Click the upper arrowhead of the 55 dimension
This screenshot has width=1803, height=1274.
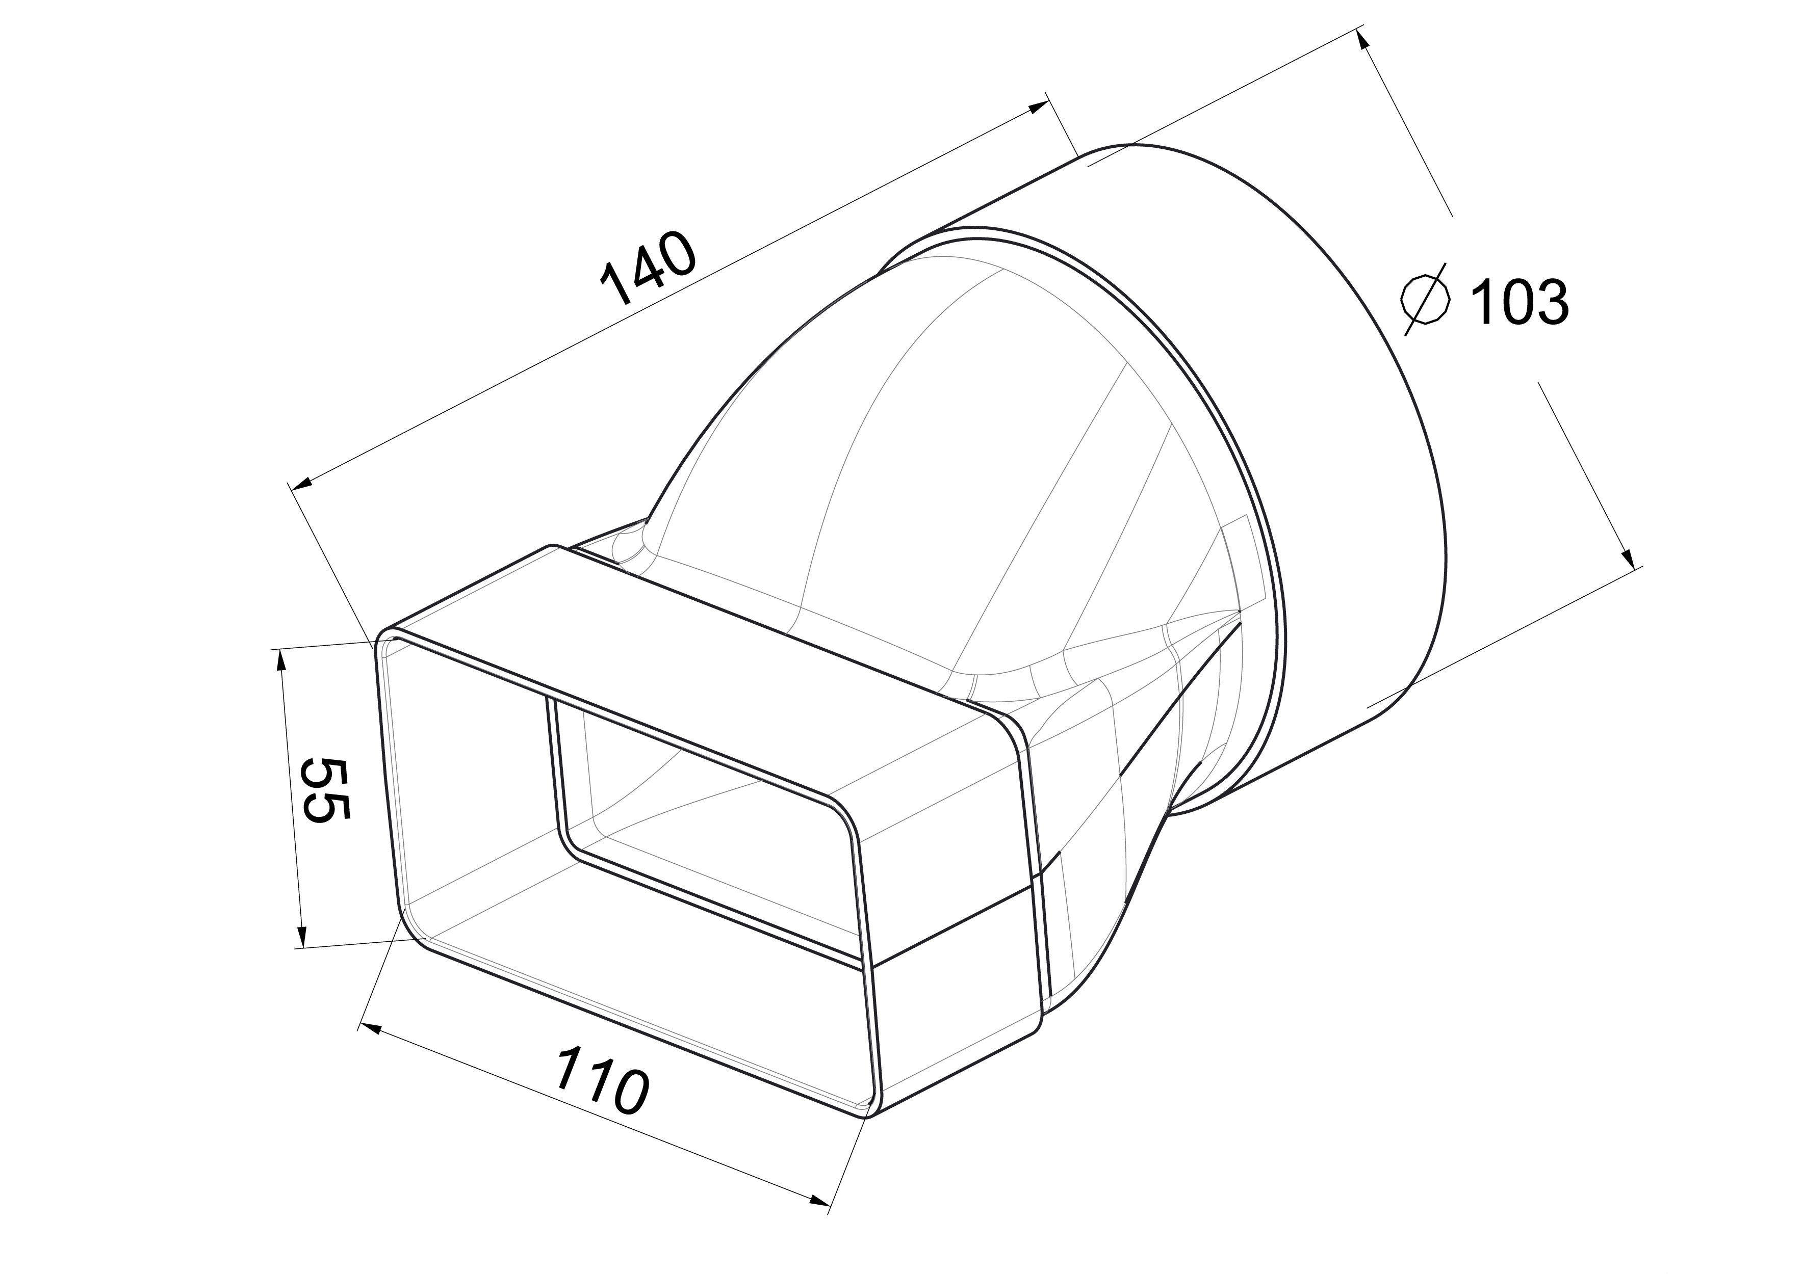pos(279,661)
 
